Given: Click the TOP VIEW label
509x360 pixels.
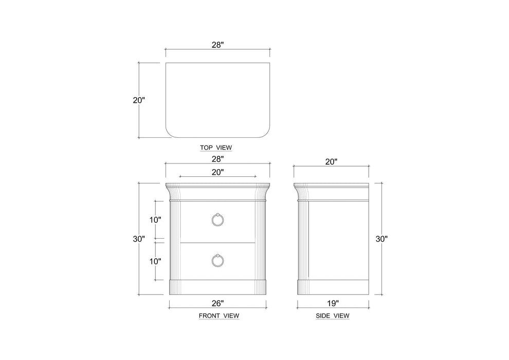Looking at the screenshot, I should click(x=216, y=148).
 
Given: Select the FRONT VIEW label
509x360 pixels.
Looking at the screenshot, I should click(x=219, y=315).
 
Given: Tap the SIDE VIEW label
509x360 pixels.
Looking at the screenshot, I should click(x=333, y=315).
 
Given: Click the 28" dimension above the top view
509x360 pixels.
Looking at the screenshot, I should click(x=217, y=45).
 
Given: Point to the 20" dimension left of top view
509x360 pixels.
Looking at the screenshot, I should click(x=139, y=100).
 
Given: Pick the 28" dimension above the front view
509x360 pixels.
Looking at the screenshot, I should click(x=217, y=160).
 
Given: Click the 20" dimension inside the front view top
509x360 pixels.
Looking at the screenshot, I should click(x=217, y=172).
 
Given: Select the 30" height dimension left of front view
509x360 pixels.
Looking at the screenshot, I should click(x=139, y=239).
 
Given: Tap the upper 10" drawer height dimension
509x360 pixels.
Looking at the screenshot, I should click(x=156, y=220).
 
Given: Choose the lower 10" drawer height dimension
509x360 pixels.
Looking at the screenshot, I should click(x=156, y=261).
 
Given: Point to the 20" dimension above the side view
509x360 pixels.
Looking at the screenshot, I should click(x=332, y=161).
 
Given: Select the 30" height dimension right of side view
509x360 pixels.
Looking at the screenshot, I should click(x=381, y=239).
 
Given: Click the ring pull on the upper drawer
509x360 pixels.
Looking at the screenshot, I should click(x=217, y=220).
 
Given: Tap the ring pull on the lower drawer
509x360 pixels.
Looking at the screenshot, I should click(x=217, y=260).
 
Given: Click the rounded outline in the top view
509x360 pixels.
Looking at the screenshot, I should click(x=217, y=100).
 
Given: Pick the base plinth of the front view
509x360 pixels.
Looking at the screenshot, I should click(x=217, y=286).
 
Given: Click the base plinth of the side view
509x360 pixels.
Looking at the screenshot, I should click(x=333, y=286).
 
